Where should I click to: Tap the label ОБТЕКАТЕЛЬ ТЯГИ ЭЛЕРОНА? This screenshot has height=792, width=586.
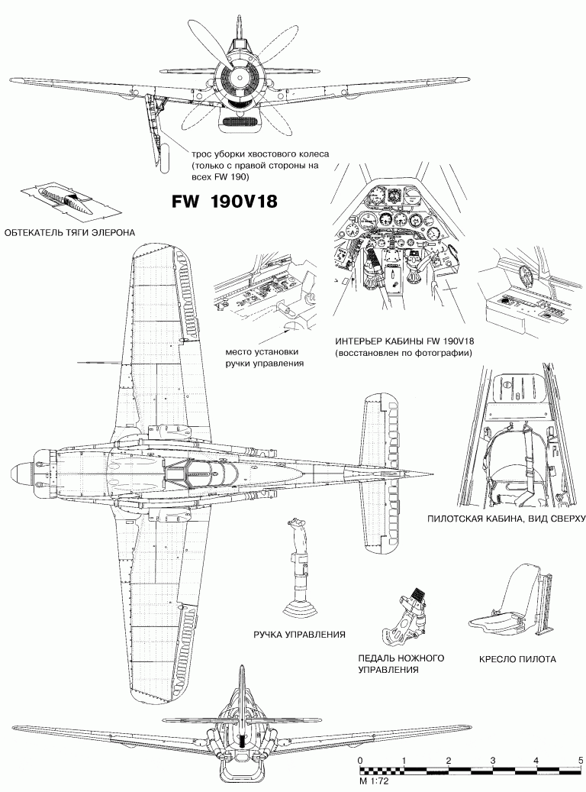pos(69,232)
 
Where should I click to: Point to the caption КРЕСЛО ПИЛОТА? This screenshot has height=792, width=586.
pos(517,659)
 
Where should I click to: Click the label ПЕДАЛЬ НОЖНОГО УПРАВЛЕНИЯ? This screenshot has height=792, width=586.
pos(400,664)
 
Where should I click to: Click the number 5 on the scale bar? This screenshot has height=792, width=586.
pos(581,761)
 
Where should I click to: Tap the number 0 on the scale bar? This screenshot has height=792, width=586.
pos(360,761)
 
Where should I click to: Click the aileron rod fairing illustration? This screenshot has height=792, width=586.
pos(68,201)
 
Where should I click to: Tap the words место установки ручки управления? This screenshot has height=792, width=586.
pos(262,358)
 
